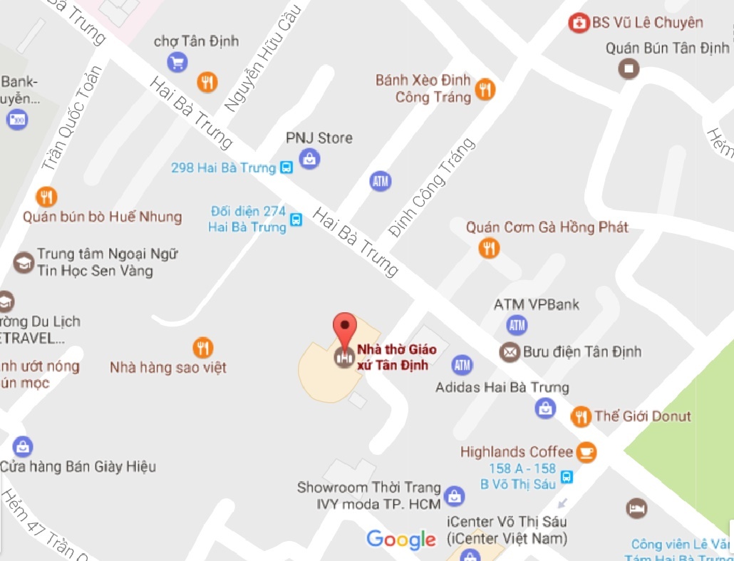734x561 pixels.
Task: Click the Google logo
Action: [401, 540]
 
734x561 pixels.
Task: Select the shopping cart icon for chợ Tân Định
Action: [177, 63]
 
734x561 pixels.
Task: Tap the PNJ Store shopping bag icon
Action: [309, 158]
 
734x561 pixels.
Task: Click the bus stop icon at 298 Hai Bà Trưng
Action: [286, 168]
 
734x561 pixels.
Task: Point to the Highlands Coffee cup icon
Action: [586, 452]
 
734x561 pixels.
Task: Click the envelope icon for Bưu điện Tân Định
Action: [510, 351]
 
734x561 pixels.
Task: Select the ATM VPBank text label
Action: [537, 305]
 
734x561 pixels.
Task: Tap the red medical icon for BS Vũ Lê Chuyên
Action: [579, 23]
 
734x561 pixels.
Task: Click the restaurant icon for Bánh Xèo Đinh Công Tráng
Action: [485, 89]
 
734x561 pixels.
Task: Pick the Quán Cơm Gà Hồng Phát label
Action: [547, 227]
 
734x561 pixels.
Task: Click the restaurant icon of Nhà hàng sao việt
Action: [203, 348]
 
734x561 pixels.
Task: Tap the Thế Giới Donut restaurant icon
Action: [581, 416]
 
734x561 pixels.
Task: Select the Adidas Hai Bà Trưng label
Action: [502, 388]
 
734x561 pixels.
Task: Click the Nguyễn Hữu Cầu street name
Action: [262, 56]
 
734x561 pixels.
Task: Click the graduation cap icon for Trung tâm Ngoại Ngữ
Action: [24, 262]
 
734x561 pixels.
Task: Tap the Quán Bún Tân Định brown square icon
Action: [629, 68]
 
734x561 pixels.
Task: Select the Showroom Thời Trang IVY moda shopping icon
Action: [453, 495]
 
